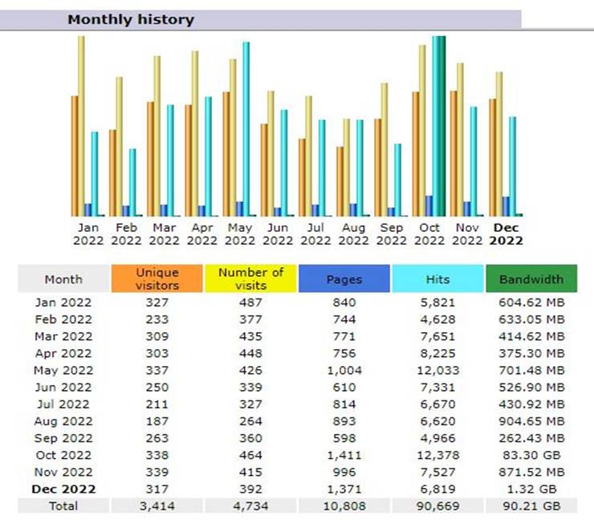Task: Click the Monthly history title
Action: [x=131, y=19]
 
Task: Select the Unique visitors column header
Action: [x=157, y=279]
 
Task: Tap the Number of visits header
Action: [x=250, y=279]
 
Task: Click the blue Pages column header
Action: [x=344, y=279]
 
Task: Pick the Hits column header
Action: [x=437, y=279]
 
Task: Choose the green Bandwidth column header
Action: [x=531, y=279]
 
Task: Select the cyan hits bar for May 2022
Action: [x=246, y=128]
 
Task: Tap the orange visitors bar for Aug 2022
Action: [x=340, y=181]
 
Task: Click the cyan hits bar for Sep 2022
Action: [x=397, y=179]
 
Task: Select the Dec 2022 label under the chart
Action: [x=507, y=234]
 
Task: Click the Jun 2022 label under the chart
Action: [x=277, y=234]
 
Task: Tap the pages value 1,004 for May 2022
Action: [x=344, y=370]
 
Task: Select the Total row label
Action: [x=63, y=506]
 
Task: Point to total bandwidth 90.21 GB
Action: [x=531, y=506]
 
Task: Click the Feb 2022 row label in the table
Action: [x=63, y=319]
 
